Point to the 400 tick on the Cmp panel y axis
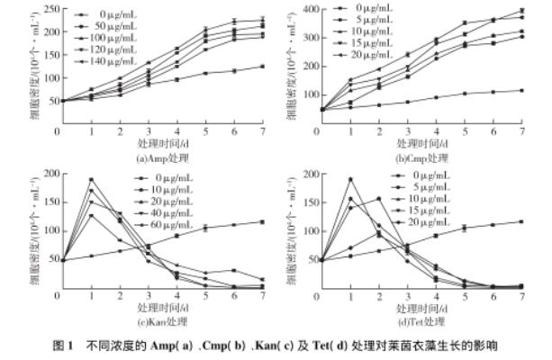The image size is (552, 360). click(x=303, y=10)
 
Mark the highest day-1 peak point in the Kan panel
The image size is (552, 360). click(x=91, y=179)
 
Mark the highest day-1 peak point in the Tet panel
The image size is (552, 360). click(x=350, y=179)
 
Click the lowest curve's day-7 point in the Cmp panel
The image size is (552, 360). click(x=522, y=90)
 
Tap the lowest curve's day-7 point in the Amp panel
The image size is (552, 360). click(x=263, y=66)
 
